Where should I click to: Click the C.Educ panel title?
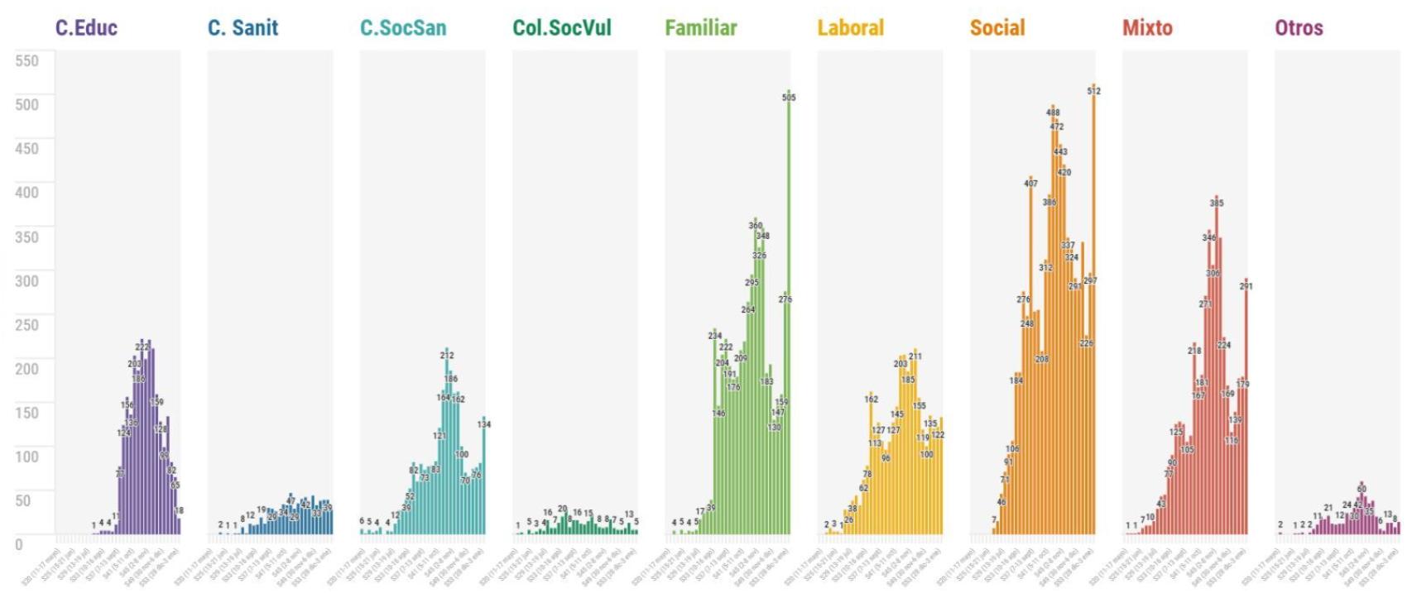pos(86,27)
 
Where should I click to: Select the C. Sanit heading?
pos(243,27)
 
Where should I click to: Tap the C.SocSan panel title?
pos(403,27)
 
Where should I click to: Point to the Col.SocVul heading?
pos(561,27)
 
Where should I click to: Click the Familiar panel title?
pos(700,27)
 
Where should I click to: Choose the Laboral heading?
pos(850,27)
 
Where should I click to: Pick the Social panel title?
pos(997,27)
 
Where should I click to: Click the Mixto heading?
pos(1147,27)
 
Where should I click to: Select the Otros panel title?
pos(1299,27)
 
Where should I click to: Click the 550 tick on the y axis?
pos(26,60)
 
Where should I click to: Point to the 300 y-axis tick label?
pos(26,280)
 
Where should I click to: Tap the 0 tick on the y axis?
pos(19,544)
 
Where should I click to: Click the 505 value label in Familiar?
pos(788,98)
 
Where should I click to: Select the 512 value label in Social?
pos(1093,91)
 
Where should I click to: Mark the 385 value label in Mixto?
pos(1216,203)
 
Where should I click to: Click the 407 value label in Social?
pos(1030,184)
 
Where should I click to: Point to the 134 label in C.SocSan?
pos(483,424)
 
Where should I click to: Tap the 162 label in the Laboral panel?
pos(871,399)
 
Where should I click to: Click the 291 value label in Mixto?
pos(1246,286)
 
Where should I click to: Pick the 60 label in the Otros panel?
pos(1362,489)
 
